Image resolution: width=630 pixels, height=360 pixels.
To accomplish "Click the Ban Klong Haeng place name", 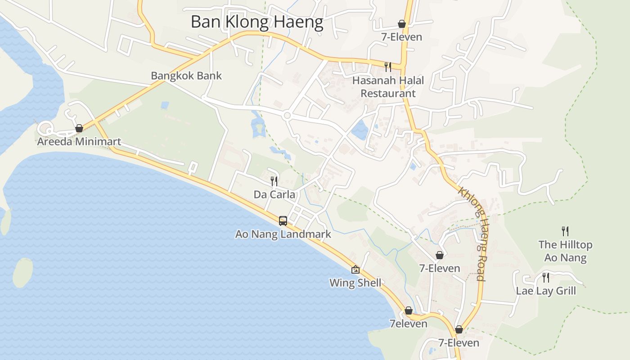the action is [x=257, y=22].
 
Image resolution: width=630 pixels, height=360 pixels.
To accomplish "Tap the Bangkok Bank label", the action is [x=186, y=76].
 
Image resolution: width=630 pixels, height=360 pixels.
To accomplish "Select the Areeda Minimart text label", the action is [x=79, y=142].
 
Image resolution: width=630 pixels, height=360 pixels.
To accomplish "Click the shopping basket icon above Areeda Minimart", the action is [x=79, y=129].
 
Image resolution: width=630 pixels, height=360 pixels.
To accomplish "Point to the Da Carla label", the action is [x=274, y=194].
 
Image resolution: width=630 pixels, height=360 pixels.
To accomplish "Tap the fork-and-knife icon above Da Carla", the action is [x=274, y=181].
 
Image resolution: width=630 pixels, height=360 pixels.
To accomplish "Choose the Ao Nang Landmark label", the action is [x=283, y=234].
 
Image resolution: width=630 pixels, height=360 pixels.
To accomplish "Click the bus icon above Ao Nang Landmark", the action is [x=283, y=221].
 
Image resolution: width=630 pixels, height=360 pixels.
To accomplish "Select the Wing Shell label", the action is [x=355, y=283].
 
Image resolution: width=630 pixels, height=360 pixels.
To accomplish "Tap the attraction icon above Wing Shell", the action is [x=355, y=270].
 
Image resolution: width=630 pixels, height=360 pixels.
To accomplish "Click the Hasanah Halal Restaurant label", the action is [x=388, y=87].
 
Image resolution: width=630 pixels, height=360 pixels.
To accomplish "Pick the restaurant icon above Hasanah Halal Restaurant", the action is [x=388, y=67].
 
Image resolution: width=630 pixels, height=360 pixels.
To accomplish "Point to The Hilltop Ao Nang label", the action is [x=565, y=251].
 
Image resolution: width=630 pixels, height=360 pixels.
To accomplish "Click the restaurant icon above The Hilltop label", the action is [x=565, y=231].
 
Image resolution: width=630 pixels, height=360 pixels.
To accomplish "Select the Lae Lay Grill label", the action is [x=546, y=291].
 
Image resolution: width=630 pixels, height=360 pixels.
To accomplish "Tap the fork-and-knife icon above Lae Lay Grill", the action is [x=546, y=277].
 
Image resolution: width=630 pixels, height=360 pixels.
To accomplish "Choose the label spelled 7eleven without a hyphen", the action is [x=408, y=324].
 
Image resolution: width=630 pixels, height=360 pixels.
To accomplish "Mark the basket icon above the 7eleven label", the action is [x=409, y=310].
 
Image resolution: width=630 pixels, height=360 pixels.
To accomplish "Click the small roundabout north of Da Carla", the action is [x=287, y=116].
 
